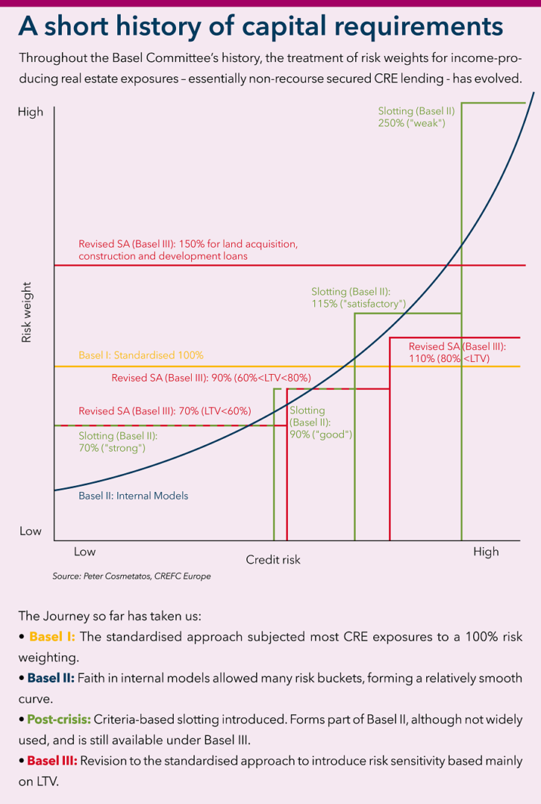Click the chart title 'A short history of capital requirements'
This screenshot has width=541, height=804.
[x=261, y=26]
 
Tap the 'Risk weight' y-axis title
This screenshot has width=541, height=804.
[x=26, y=312]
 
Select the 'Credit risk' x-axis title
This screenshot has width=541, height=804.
[x=273, y=560]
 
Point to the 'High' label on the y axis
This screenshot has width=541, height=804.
[x=31, y=112]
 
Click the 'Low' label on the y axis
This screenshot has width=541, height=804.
[x=30, y=531]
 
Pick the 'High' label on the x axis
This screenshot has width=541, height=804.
[x=486, y=552]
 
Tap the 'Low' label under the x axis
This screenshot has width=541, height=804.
[x=85, y=552]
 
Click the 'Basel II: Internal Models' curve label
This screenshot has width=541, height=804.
[x=133, y=496]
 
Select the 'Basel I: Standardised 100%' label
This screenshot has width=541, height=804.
[x=141, y=355]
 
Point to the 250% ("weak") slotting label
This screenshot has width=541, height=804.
[x=416, y=116]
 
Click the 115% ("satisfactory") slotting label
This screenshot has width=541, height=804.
[x=359, y=298]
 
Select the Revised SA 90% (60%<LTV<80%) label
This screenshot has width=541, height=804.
[x=211, y=378]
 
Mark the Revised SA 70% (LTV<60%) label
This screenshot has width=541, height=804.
[x=165, y=411]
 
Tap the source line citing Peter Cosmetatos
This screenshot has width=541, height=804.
[x=131, y=577]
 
